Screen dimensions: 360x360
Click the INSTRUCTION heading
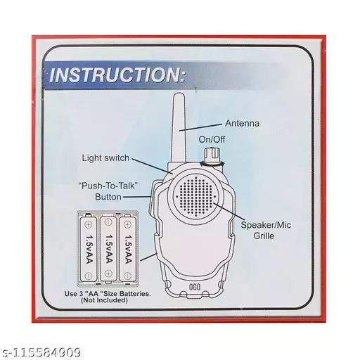pos(117,75)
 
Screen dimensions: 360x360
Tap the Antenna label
pos(242,124)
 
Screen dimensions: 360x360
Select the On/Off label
pos(212,139)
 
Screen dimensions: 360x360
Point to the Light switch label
pos(105,158)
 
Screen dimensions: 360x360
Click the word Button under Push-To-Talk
pos(108,197)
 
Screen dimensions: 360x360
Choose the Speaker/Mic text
pos(266,225)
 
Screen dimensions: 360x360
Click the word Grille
pos(264,236)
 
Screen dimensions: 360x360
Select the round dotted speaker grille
pos(195,197)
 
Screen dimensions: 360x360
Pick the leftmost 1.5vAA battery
pos(89,249)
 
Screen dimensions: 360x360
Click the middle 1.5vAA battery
pos(108,249)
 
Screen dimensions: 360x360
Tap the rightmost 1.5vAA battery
pos(128,249)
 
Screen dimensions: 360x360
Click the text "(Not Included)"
pos(104,300)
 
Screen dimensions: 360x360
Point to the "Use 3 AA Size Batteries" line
pos(108,294)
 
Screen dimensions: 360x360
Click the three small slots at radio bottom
pos(195,287)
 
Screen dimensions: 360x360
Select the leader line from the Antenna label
pos(200,127)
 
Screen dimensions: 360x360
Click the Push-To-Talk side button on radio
pos(151,199)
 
